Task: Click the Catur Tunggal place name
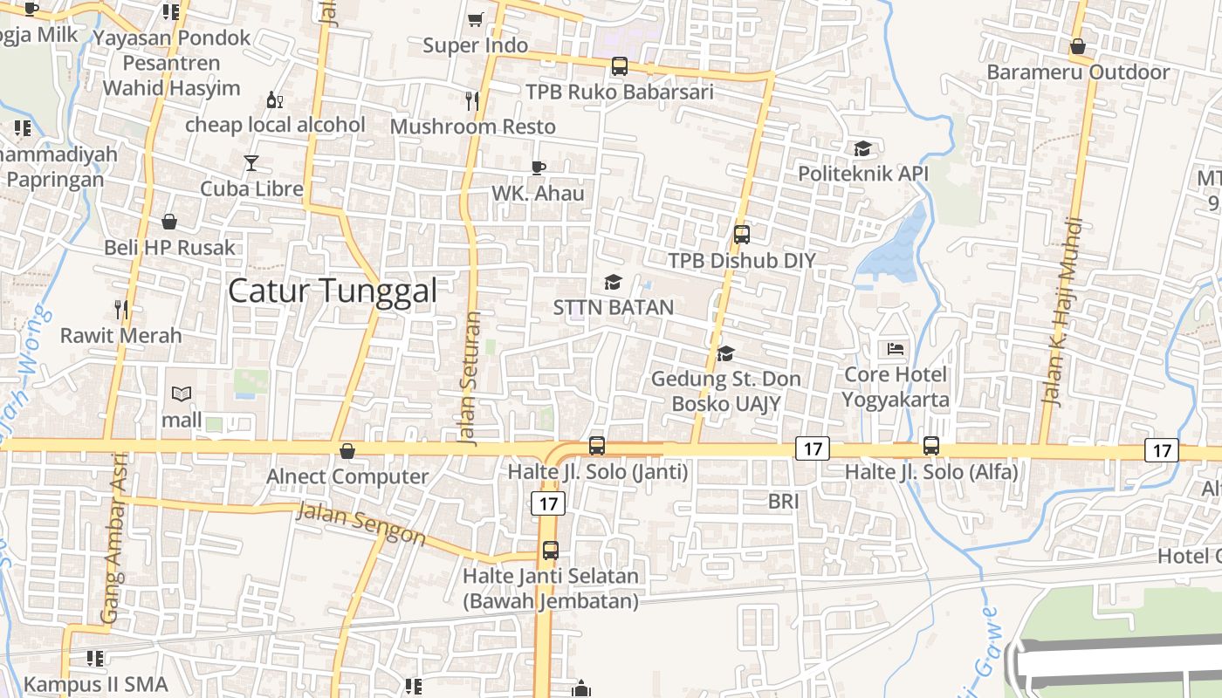pos(332,291)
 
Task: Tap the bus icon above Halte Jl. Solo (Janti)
pos(597,445)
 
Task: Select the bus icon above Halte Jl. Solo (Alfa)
pos(931,446)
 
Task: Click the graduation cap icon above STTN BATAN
pos(613,283)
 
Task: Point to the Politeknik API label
pos(863,174)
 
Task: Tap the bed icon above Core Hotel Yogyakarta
pos(895,349)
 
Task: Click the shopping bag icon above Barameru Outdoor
pos(1078,47)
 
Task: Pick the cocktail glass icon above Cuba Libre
pos(251,163)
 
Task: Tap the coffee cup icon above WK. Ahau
pos(538,168)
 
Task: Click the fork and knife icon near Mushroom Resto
pos(472,101)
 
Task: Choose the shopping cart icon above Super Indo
pos(476,19)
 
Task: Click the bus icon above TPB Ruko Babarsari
pos(619,65)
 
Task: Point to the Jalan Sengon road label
pos(360,523)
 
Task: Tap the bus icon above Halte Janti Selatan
pos(550,551)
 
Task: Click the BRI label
pos(783,502)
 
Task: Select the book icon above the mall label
pos(182,394)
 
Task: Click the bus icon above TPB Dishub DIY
pos(742,234)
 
